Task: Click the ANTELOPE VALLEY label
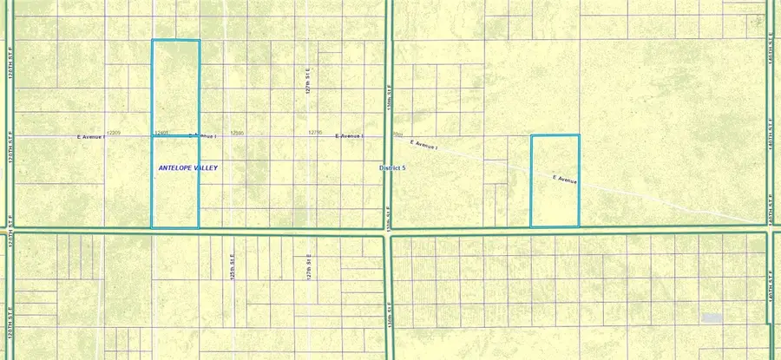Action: click(187, 167)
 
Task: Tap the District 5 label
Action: click(392, 167)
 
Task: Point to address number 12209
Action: click(113, 133)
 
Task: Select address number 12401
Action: click(161, 133)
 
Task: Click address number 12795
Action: click(315, 133)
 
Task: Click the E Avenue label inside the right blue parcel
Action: click(565, 180)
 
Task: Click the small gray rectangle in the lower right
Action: click(712, 318)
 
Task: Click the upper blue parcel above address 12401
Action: click(175, 87)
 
